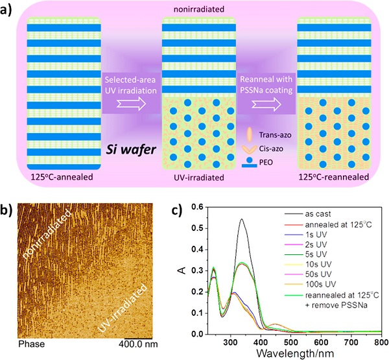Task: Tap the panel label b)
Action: coord(8,209)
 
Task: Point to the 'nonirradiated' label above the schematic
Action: coord(194,8)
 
